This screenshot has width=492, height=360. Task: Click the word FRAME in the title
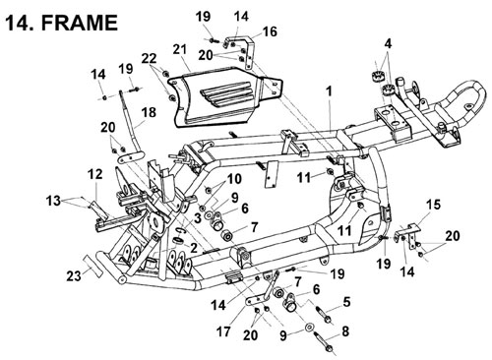point(80,23)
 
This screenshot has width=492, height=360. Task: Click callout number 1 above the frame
point(329,91)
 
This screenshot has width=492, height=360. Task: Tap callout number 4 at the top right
point(388,44)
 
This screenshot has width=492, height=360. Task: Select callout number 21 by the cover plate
point(179,50)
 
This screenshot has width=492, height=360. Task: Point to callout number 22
point(150,59)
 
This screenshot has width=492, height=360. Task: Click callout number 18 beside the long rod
point(149,112)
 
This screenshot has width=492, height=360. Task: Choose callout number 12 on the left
point(95,174)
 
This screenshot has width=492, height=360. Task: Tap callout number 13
point(53,200)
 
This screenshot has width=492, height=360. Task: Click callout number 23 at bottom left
point(74,275)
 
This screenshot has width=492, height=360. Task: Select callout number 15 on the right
point(433,205)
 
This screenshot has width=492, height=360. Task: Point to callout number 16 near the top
point(270,31)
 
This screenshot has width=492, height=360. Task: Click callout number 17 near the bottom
point(223,331)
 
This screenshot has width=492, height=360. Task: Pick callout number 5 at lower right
point(347,302)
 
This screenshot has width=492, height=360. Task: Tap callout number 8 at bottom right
point(345,331)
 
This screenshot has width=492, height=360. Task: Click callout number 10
point(234,179)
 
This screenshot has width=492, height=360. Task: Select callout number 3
point(197,218)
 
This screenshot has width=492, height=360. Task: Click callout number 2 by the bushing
point(194,248)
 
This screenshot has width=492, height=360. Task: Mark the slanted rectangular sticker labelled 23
point(92,266)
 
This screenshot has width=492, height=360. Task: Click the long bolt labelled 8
point(325,342)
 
